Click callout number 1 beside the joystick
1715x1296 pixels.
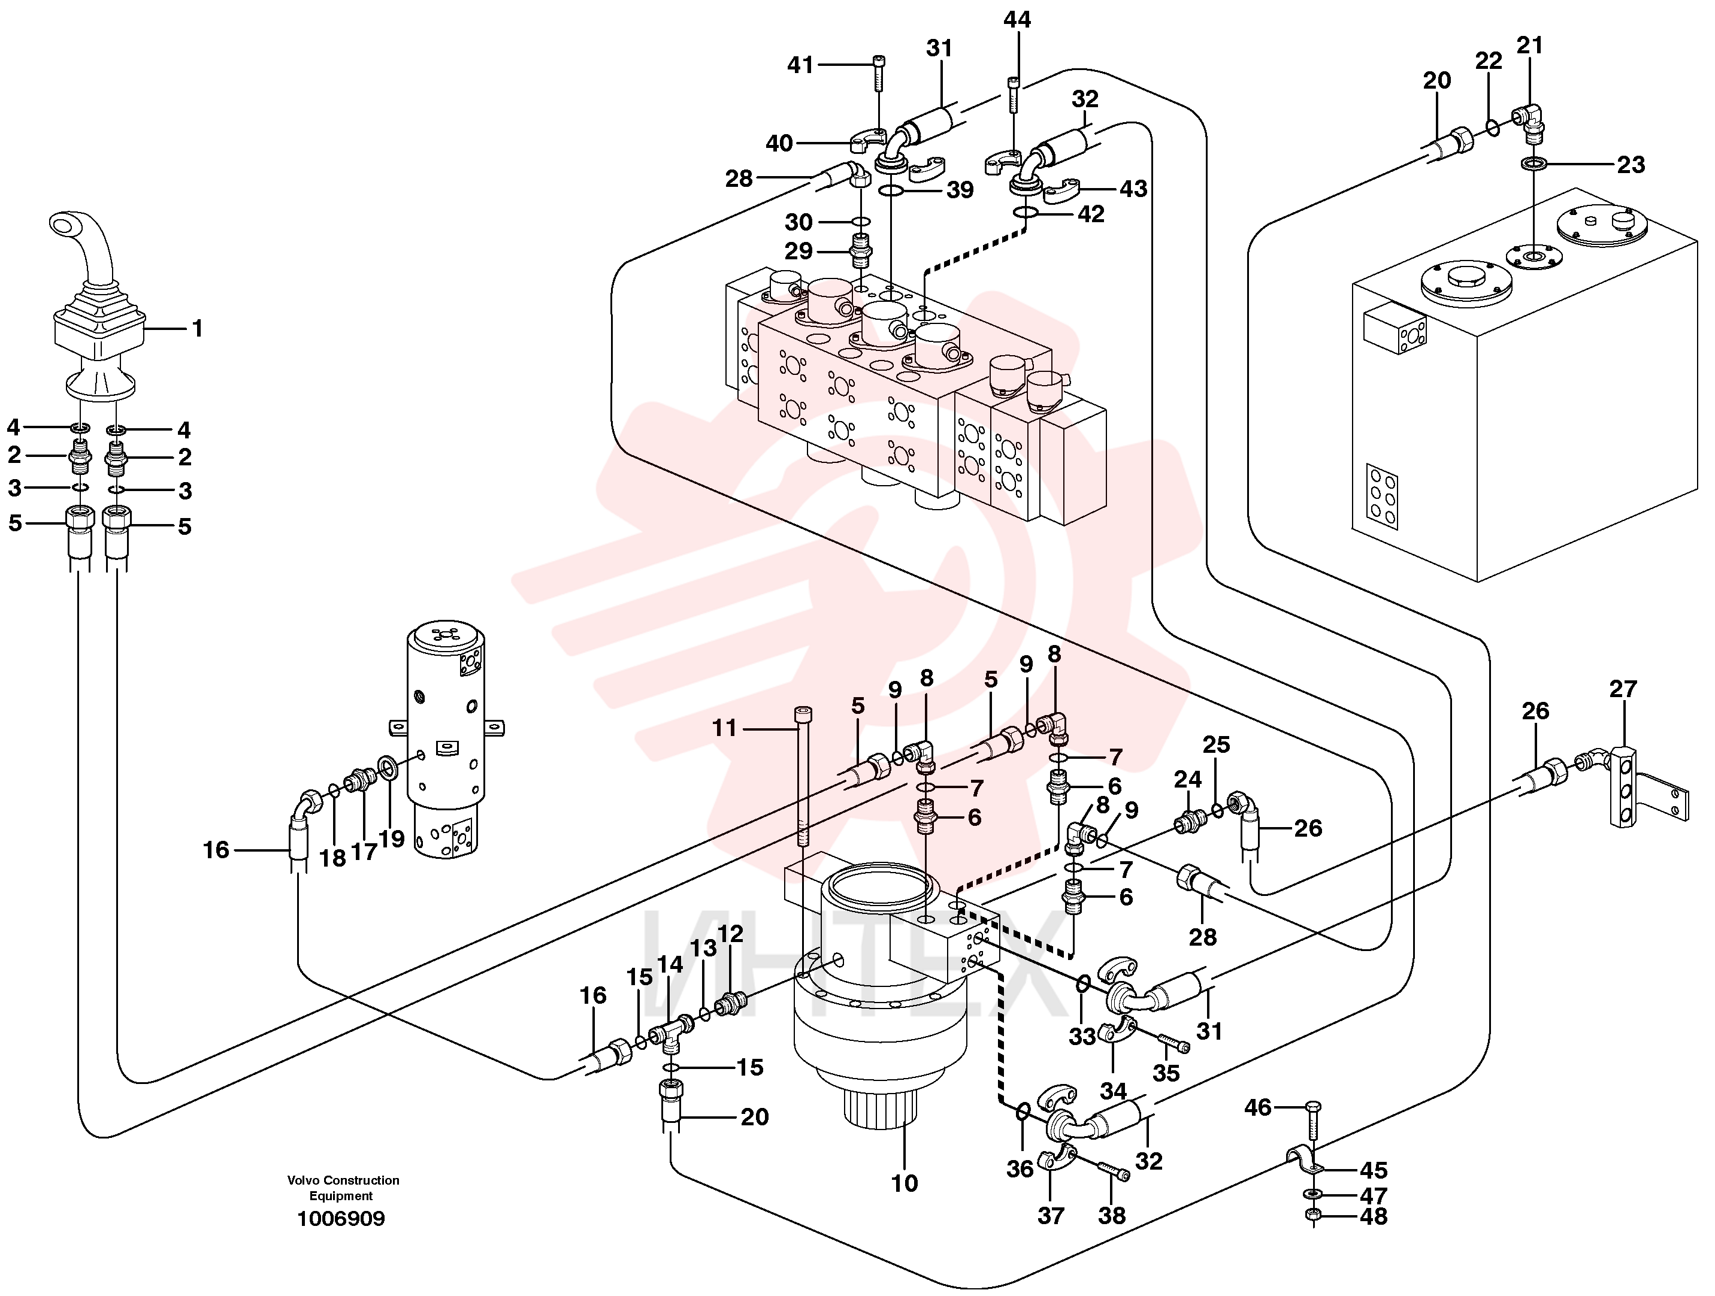tap(197, 329)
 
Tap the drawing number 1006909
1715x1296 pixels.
tap(341, 1219)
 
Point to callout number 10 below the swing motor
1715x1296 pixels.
tap(904, 1183)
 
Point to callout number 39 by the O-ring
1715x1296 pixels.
tap(959, 190)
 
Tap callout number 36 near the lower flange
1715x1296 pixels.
tap(1020, 1169)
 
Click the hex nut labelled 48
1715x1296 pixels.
tap(1309, 1215)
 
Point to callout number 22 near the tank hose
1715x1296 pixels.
tap(1488, 60)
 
